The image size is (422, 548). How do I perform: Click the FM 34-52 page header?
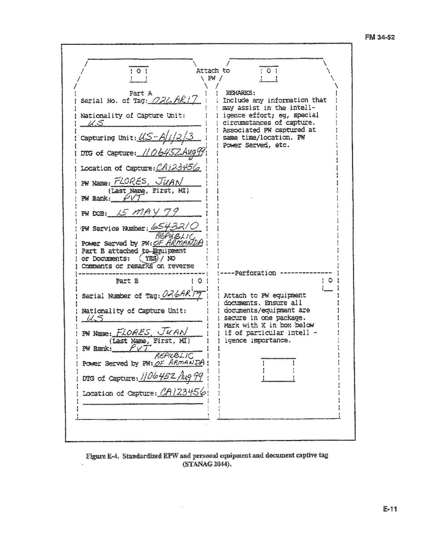pos(380,37)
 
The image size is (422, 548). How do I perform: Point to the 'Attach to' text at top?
pos(213,71)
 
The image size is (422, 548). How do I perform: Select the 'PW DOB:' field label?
pos(93,214)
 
